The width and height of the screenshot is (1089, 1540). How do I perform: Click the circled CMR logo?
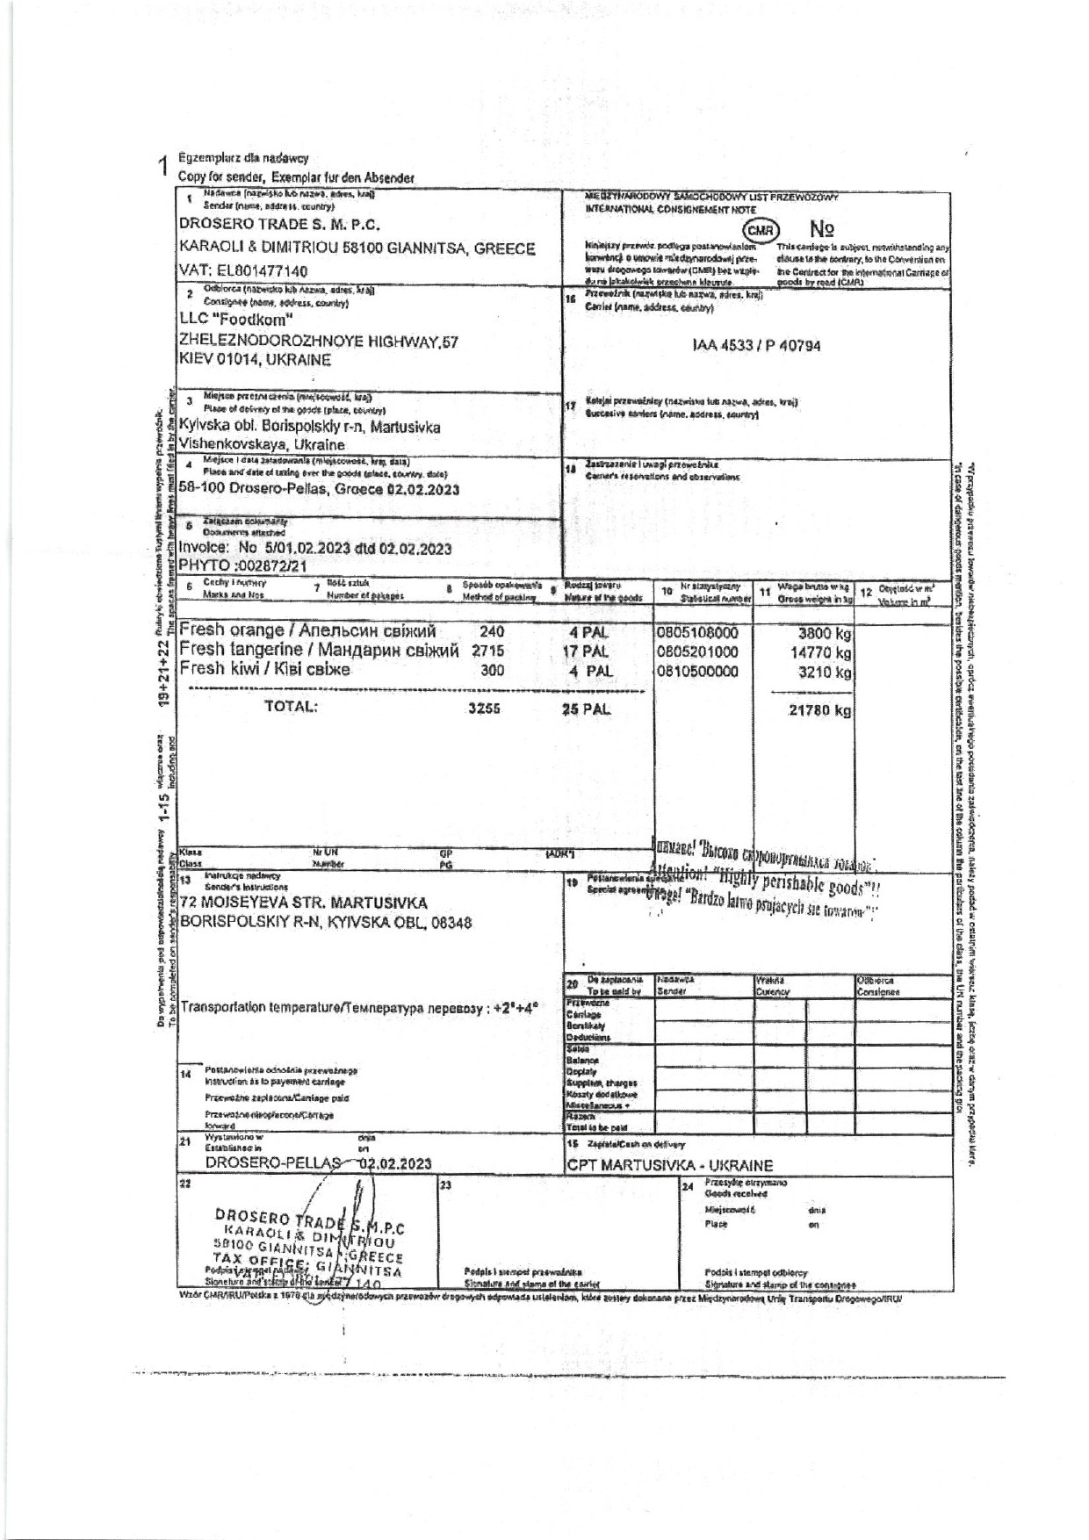tap(761, 230)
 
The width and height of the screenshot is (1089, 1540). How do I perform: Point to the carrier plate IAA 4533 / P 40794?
tap(756, 346)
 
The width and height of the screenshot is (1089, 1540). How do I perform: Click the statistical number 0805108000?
tap(697, 632)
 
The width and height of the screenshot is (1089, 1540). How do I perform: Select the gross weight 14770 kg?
tap(820, 652)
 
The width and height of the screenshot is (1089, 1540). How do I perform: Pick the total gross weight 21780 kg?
tap(819, 710)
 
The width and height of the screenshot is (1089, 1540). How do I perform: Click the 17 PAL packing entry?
tap(586, 652)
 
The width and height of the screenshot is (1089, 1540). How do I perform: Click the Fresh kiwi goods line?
tap(264, 670)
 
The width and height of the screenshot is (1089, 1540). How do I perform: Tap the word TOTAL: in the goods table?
tap(291, 707)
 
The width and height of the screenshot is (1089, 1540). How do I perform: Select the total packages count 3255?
tap(484, 709)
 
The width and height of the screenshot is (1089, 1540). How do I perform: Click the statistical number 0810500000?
tap(697, 672)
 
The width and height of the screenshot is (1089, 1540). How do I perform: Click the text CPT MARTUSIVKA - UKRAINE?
tap(670, 1166)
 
